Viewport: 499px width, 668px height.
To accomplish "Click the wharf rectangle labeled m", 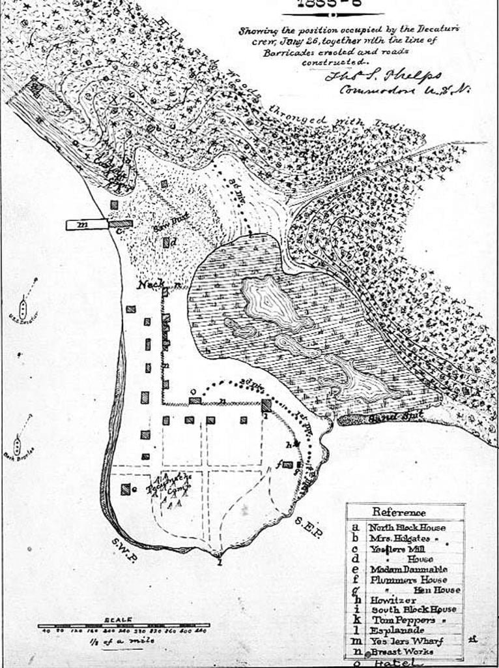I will click(86, 224).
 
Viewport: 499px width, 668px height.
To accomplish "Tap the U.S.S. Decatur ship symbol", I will click(23, 307).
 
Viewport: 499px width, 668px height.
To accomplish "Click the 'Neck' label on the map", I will click(149, 286).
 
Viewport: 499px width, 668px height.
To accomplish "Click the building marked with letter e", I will click(124, 489).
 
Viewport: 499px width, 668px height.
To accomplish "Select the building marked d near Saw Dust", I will click(167, 243).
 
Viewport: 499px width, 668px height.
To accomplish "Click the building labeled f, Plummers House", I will click(287, 465).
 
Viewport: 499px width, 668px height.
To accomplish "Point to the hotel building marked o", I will click(193, 400).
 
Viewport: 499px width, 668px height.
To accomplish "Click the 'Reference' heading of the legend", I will click(399, 513).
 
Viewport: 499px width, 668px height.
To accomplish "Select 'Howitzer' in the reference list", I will click(390, 600).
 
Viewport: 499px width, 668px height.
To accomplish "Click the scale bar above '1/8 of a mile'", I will click(124, 625).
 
